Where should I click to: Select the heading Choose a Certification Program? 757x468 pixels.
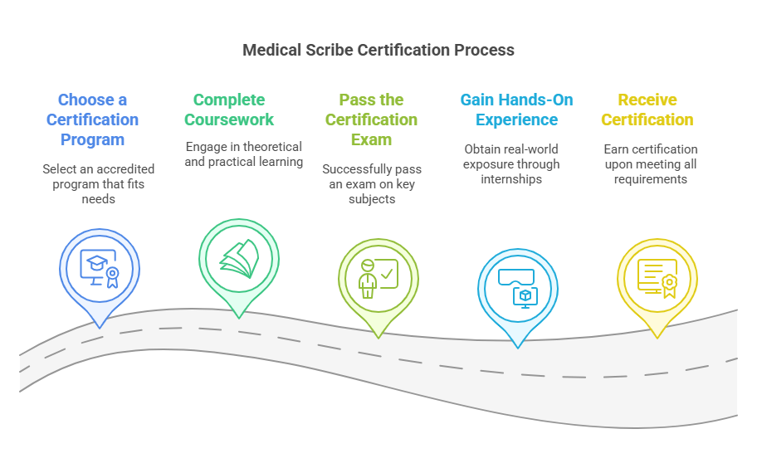[92, 120]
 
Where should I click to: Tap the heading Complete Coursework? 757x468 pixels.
[229, 110]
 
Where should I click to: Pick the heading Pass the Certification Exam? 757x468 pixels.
[371, 120]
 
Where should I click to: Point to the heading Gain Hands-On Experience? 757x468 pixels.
[516, 110]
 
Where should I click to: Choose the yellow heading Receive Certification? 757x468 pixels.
[647, 110]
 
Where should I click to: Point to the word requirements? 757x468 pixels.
[651, 178]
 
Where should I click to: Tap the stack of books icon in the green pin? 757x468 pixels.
[239, 258]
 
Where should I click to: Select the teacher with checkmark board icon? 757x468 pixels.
[378, 277]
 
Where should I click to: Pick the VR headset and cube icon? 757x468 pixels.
[517, 287]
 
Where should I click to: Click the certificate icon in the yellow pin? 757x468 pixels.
[657, 277]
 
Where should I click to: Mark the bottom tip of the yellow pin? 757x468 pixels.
[657, 338]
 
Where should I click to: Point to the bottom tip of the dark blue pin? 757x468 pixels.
[99, 327]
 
